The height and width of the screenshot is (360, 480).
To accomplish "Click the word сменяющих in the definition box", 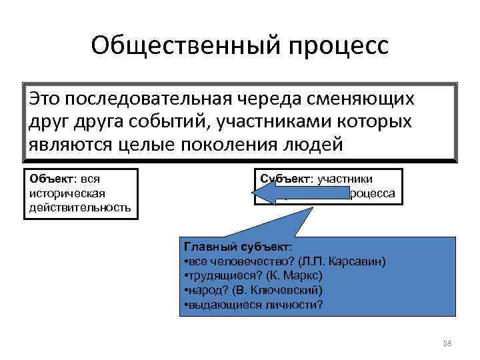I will (x=373, y=99).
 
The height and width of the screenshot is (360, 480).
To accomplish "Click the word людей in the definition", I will (x=319, y=144).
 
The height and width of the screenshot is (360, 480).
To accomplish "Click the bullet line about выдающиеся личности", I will (x=253, y=305).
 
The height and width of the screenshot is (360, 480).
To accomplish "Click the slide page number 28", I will (x=447, y=343).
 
